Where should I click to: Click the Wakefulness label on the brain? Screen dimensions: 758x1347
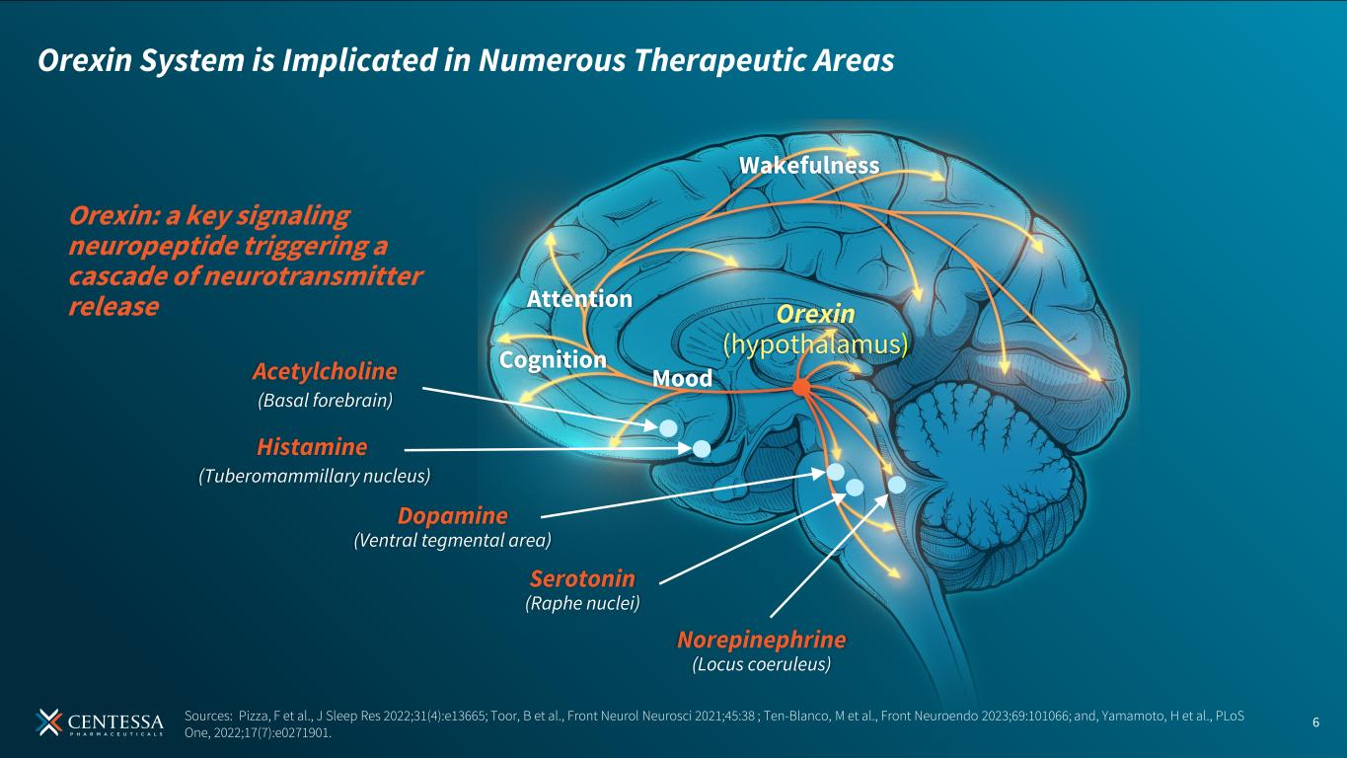tap(809, 166)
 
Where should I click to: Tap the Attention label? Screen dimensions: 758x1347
tap(579, 298)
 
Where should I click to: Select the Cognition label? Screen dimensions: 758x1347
tap(553, 360)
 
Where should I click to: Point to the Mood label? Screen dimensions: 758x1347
tap(682, 378)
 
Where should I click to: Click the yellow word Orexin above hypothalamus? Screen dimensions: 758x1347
tap(815, 314)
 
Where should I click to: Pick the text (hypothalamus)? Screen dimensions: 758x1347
tap(815, 343)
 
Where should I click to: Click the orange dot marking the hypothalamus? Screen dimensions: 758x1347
tap(801, 389)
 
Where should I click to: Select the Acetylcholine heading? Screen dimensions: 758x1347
tap(324, 371)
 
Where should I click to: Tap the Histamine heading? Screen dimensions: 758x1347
tap(312, 447)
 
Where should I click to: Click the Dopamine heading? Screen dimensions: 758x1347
tap(452, 515)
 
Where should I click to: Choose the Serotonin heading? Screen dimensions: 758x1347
tap(582, 578)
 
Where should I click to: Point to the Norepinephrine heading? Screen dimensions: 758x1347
tap(761, 640)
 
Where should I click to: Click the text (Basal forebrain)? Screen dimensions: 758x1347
tap(325, 400)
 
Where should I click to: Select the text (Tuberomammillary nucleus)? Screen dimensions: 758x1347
tap(315, 476)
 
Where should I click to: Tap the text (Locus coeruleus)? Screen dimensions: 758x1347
tap(762, 664)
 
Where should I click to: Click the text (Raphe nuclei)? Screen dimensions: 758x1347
tap(582, 602)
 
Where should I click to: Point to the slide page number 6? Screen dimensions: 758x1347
tap(1315, 721)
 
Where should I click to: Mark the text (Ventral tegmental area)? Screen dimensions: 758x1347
tap(452, 540)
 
